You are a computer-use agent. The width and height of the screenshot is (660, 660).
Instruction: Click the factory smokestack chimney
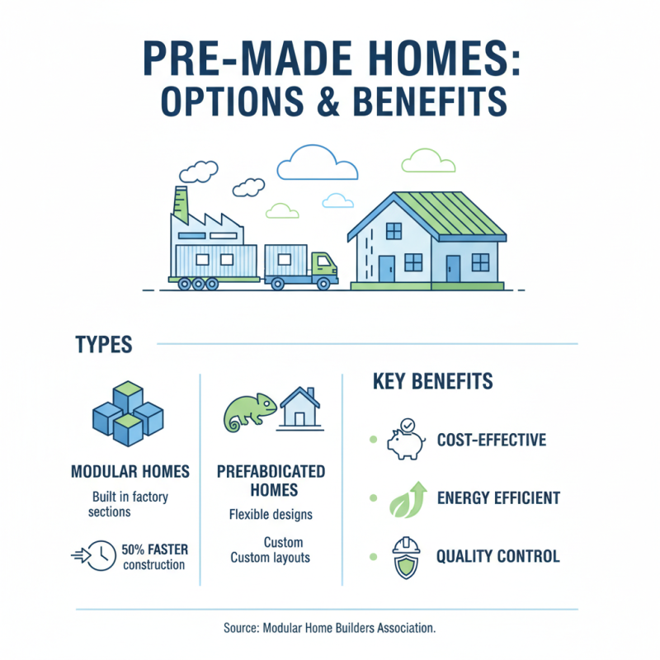[181, 204]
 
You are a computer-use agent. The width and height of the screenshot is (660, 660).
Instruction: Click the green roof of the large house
[450, 215]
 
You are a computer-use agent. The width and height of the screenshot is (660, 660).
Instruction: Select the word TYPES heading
[103, 344]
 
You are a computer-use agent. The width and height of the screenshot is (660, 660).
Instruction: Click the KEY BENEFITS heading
[433, 381]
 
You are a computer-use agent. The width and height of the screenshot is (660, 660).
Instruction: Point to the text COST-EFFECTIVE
[492, 440]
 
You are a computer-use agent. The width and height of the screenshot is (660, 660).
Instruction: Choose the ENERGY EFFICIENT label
[498, 498]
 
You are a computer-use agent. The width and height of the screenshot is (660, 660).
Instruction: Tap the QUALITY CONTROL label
[498, 556]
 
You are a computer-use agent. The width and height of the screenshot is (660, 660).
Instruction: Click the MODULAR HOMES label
[130, 472]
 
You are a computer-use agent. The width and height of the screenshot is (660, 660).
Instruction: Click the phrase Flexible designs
[270, 515]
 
